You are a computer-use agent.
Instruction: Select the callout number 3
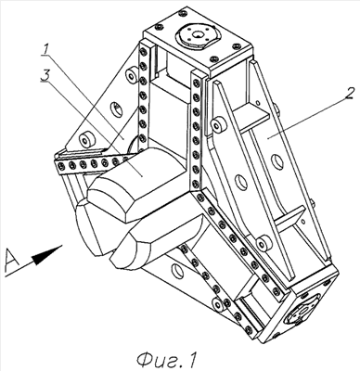point(45,75)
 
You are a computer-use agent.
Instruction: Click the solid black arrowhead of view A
point(46,255)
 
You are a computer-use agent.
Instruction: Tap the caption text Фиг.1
point(167,360)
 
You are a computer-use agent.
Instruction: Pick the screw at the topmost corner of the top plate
point(183,13)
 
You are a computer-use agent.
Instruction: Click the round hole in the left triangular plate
point(116,109)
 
